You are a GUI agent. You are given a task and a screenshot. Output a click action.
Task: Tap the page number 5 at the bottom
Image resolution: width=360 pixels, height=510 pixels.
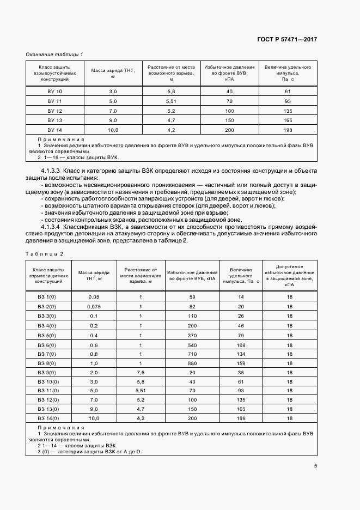click(316, 465)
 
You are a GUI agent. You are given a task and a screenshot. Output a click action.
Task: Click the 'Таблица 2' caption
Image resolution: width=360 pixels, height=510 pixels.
click(45, 254)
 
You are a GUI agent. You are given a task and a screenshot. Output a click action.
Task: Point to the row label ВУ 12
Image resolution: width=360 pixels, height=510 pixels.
click(55, 111)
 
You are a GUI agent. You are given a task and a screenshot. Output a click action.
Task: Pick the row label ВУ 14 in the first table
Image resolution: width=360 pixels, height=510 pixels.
click(55, 130)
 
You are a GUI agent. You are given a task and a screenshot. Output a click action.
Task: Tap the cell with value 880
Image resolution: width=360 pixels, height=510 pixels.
click(192, 363)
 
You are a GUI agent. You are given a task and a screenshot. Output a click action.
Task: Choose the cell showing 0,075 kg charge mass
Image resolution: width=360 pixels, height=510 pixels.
click(94, 306)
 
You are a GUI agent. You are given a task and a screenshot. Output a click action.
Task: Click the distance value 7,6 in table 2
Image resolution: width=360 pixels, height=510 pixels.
click(140, 373)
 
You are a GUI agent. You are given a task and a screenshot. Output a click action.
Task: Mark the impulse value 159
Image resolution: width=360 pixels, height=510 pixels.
click(241, 363)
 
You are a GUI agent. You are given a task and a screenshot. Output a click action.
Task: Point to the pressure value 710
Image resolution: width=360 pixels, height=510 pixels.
click(192, 354)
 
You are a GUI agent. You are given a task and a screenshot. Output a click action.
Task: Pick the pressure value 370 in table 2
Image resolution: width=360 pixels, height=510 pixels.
click(192, 335)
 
